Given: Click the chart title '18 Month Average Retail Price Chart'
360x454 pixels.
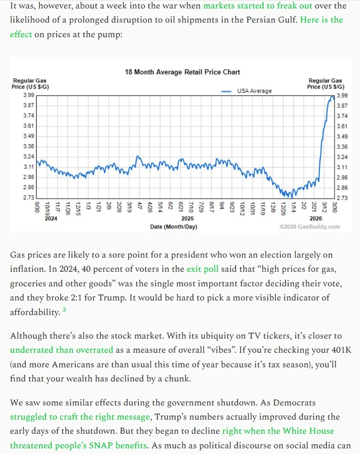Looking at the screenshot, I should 182,72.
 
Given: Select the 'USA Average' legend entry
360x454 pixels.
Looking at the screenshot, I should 254,91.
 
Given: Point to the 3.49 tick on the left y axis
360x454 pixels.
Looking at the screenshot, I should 28,136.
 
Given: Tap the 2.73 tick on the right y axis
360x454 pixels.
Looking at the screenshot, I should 342,198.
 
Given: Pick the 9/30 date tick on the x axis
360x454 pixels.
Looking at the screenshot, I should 37,205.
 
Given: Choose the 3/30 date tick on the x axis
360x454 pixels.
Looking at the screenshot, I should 334,205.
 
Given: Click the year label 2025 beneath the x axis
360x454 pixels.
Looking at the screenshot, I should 187,219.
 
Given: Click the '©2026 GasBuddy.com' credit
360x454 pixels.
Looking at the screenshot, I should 309,227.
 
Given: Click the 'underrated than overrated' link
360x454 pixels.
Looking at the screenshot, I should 61,350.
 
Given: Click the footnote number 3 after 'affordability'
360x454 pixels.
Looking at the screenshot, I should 64,311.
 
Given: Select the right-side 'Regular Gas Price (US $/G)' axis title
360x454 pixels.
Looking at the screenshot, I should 325,84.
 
